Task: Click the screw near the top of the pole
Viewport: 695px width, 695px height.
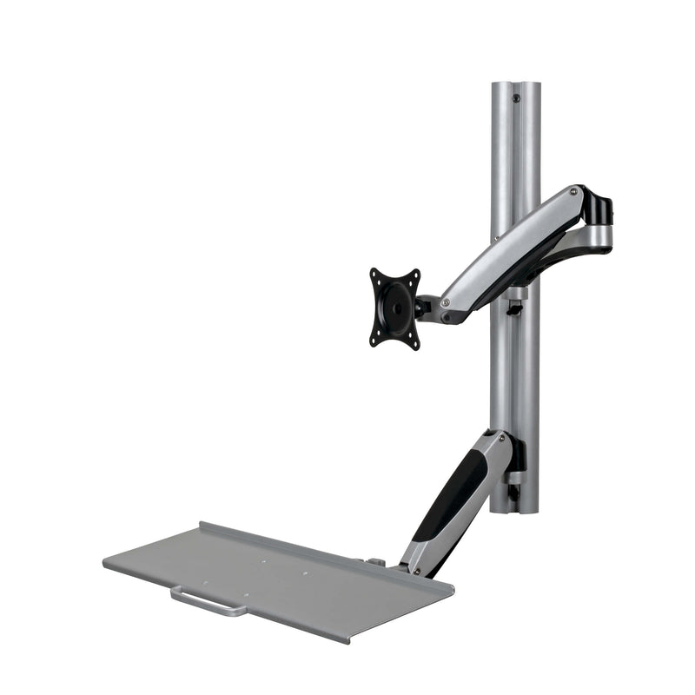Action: click(517, 99)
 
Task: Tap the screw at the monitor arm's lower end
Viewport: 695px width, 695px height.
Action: click(446, 303)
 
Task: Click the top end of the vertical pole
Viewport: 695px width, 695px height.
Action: click(515, 85)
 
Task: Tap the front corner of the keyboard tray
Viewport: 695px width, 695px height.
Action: click(348, 641)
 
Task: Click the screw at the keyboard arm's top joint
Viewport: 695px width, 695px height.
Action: click(493, 439)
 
